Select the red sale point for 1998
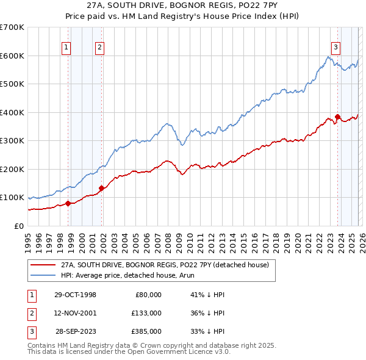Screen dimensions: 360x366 68,203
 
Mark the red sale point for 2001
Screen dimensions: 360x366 101,188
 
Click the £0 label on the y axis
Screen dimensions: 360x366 19,226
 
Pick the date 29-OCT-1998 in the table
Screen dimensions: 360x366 75,295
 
